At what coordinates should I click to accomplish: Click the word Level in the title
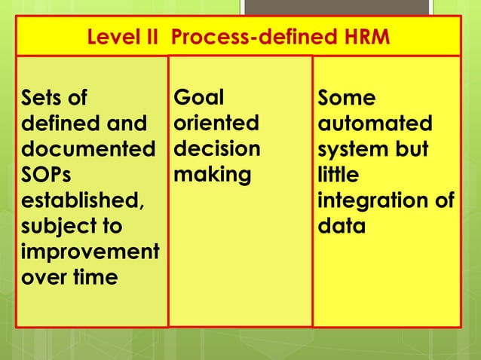113,37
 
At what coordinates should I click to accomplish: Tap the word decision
217,149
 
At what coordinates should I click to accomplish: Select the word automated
375,124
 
